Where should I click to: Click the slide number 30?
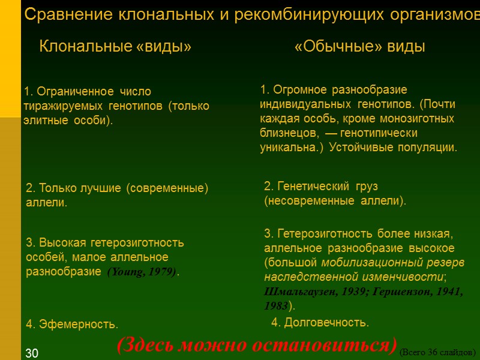coord(32,353)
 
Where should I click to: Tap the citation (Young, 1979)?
coord(142,272)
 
